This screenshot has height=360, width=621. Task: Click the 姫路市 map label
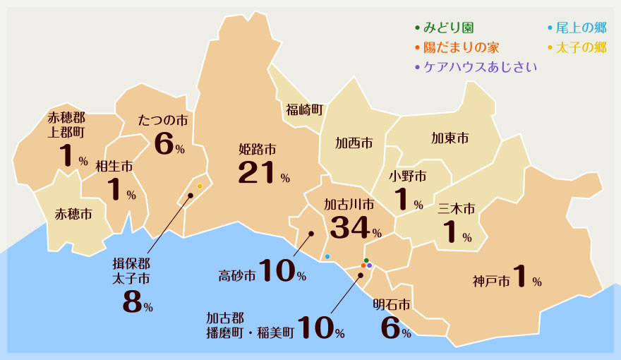coord(257,150)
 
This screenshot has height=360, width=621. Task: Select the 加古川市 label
coord(349,205)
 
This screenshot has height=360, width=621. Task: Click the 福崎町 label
coord(304,109)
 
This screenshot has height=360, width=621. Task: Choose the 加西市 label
coord(354,144)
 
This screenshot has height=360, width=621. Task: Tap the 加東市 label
coord(450,138)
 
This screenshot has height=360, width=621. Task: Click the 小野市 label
coord(408,176)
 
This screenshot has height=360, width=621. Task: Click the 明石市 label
coord(392,305)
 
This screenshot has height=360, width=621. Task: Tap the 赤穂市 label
coord(73,213)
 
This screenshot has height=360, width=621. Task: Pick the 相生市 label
coord(114,167)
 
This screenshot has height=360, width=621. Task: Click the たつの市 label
coord(163,121)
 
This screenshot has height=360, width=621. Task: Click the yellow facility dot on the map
coord(200,186)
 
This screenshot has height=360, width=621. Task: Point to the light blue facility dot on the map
coord(327,256)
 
